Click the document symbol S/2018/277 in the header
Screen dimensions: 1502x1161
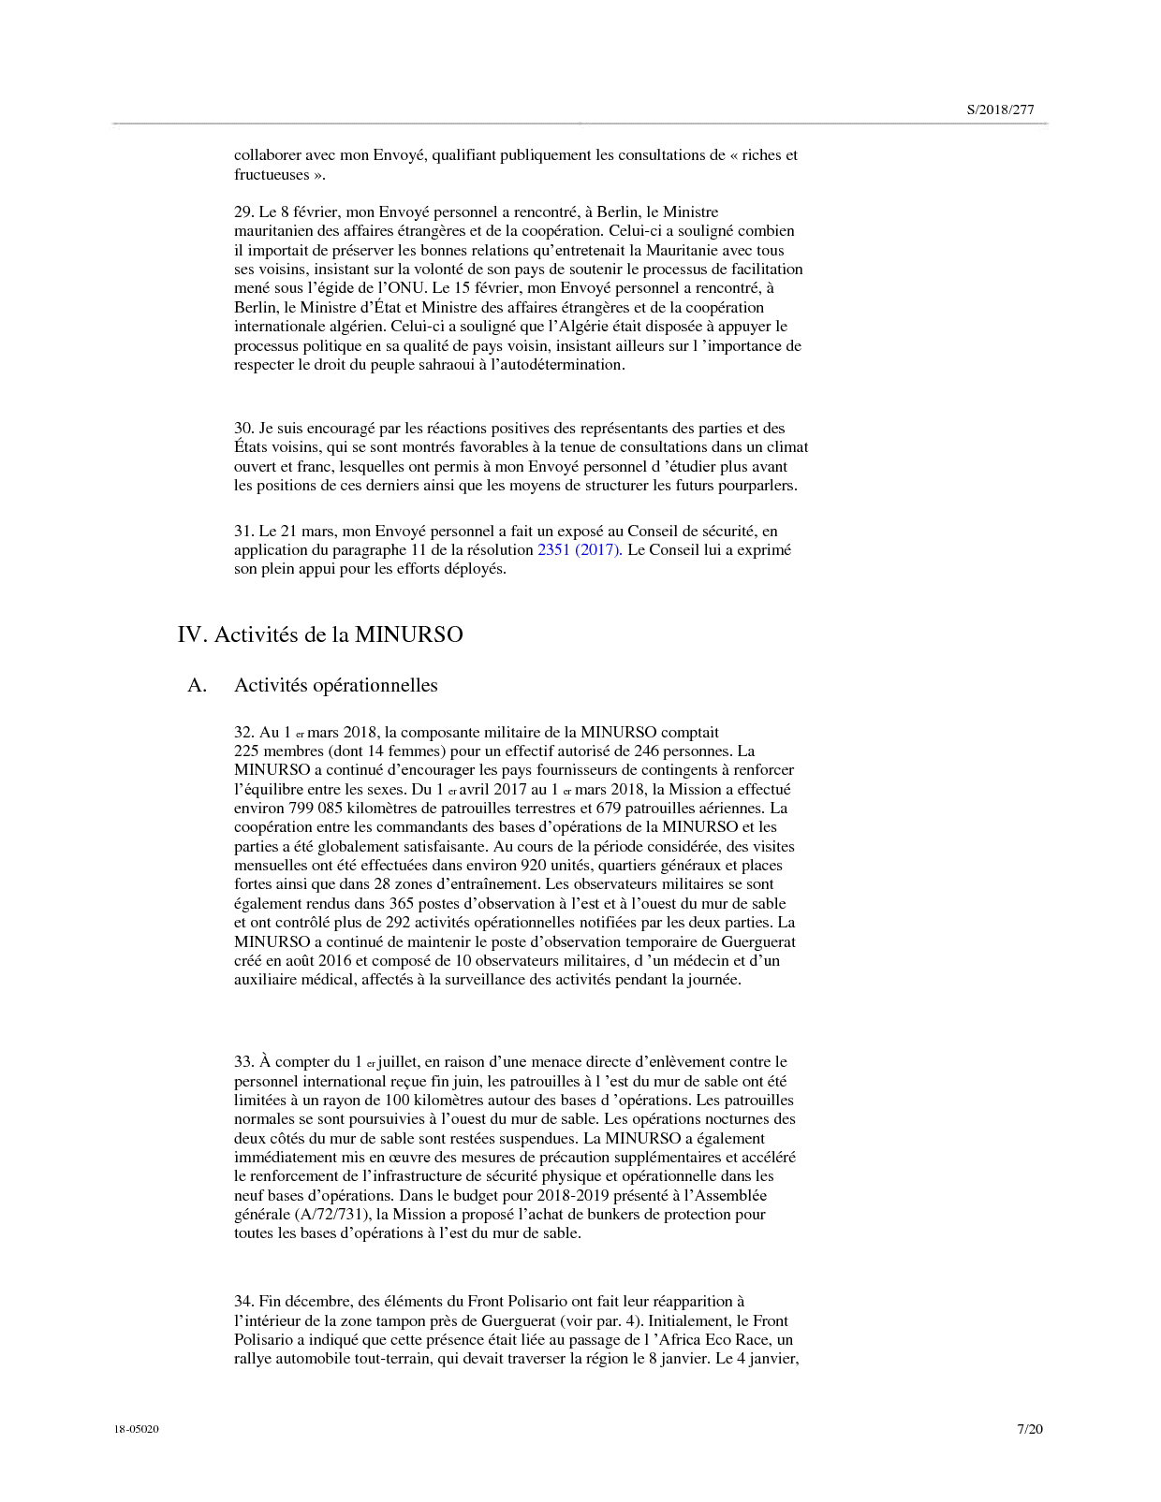coord(1000,109)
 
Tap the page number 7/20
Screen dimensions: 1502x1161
coord(1029,1429)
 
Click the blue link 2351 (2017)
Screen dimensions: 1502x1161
coord(579,550)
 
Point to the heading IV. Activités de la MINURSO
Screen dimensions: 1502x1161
coord(320,634)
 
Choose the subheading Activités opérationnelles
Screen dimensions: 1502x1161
coord(335,685)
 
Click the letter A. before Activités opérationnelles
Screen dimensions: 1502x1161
coord(197,685)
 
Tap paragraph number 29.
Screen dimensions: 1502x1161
coord(243,212)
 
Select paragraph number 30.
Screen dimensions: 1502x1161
coord(243,429)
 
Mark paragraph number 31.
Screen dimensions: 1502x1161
coord(243,532)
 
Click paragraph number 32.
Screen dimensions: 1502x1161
coord(243,733)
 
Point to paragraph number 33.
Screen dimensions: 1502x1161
coord(243,1062)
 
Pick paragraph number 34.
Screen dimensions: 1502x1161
coord(243,1302)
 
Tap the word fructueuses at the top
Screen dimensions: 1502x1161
coord(272,175)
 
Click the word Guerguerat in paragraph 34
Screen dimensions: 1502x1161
coord(517,1321)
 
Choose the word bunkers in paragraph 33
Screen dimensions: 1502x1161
coord(614,1215)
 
